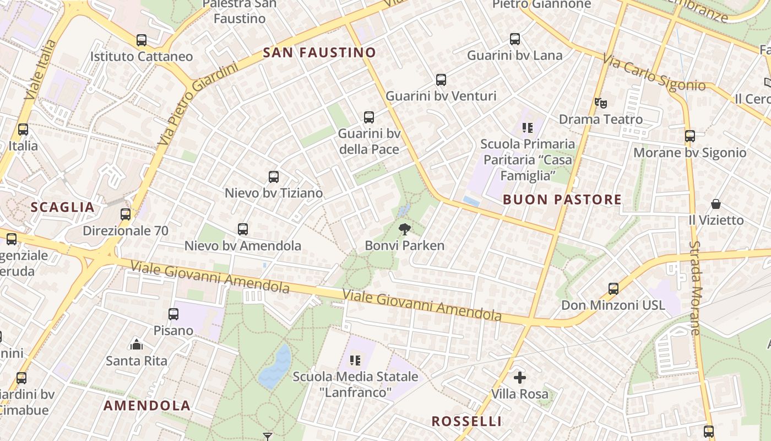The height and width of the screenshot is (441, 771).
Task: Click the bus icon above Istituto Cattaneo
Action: [x=142, y=40]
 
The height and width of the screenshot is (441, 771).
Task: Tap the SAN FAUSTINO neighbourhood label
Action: [x=319, y=53]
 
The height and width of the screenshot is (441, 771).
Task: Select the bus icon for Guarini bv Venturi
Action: [x=441, y=80]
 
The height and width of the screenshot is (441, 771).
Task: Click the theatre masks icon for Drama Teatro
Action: [x=600, y=103]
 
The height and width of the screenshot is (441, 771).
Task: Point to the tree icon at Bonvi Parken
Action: [x=405, y=229]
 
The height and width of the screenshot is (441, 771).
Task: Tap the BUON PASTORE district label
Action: [x=562, y=200]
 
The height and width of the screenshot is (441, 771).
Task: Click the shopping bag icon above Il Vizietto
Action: [x=716, y=204]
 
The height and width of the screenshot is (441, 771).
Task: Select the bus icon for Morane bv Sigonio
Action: [x=690, y=136]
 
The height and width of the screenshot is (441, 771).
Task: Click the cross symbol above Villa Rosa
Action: [x=519, y=378]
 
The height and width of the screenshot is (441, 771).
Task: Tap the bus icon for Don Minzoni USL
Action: [x=613, y=288]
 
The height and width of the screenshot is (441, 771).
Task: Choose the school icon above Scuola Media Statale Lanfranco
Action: [x=356, y=361]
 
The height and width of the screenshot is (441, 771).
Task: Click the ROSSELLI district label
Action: [x=466, y=422]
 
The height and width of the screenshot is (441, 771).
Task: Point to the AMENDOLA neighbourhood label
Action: [x=147, y=406]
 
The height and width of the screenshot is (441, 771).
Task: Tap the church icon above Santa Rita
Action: [x=136, y=345]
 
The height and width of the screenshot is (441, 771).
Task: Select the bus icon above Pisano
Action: [x=173, y=314]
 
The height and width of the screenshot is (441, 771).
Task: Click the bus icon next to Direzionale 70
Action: [x=126, y=214]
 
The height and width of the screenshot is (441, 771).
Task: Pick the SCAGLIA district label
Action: [x=63, y=207]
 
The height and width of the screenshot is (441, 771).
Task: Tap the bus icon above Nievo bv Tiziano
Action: [x=274, y=177]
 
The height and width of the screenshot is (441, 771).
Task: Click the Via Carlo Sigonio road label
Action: [x=654, y=72]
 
